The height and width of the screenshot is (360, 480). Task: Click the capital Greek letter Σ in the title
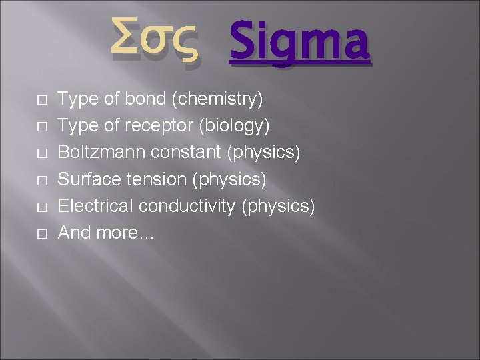coord(127,39)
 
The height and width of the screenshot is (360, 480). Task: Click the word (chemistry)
coord(217,99)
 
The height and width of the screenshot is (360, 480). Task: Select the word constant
coord(186,153)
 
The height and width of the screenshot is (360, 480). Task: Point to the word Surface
coord(87,179)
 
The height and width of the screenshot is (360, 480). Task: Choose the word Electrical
coord(95,206)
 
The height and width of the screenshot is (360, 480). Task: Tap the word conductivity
coord(187,206)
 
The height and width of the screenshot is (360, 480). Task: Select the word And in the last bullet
coord(74,233)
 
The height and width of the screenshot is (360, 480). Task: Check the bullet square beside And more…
coord(42,234)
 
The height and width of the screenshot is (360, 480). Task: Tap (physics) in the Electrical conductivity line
coord(277,206)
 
